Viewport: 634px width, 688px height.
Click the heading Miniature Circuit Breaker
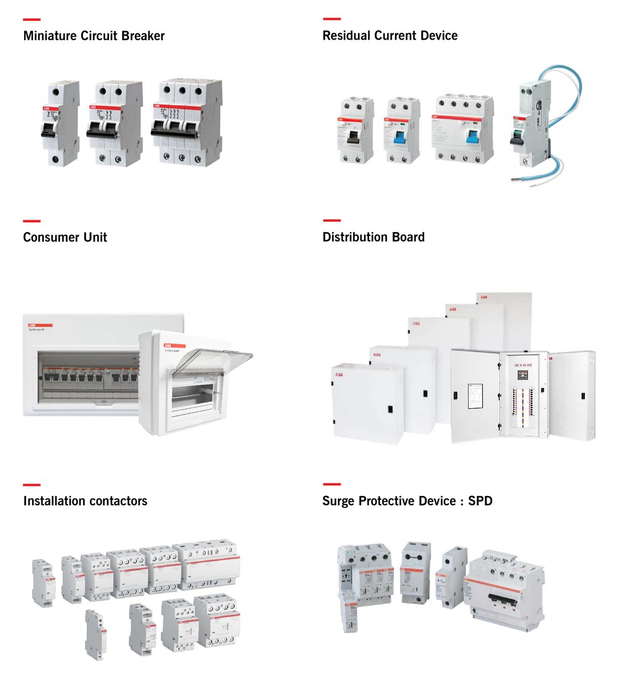coord(93,36)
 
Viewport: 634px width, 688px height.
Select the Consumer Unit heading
coord(65,238)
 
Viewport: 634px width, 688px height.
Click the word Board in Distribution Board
coord(408,238)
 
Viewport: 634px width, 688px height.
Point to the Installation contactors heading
coord(85,501)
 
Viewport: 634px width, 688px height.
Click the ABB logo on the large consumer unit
coord(30,324)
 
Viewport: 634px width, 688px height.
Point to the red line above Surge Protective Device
coord(331,484)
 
